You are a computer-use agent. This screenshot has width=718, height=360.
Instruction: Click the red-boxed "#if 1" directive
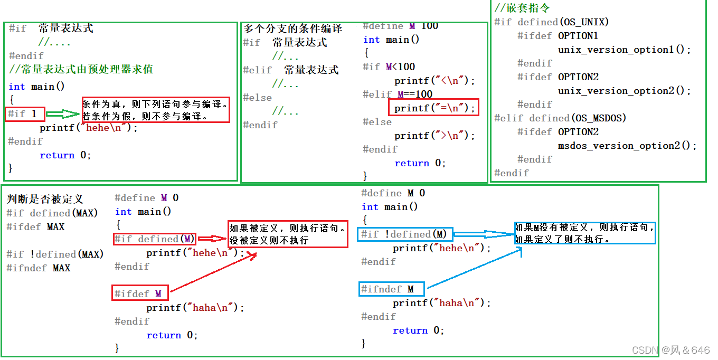[x=25, y=113]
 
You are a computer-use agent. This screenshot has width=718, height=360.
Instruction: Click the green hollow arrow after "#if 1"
[x=62, y=113]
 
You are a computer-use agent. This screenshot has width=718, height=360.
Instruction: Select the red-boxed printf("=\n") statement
[x=433, y=108]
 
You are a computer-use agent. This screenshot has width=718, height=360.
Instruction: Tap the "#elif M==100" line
[x=398, y=94]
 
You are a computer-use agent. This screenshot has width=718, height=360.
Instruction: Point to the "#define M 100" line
[x=400, y=26]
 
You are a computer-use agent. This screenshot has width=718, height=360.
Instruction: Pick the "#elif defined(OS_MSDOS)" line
[x=560, y=118]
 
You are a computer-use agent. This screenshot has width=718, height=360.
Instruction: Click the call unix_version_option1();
[x=624, y=50]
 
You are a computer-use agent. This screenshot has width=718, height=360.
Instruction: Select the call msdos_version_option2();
[x=627, y=146]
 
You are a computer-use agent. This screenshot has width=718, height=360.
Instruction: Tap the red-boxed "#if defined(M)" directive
[x=155, y=239]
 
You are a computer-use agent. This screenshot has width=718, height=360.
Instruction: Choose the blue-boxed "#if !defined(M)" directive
[x=404, y=234]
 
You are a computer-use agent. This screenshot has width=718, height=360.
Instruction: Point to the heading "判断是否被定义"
[x=45, y=199]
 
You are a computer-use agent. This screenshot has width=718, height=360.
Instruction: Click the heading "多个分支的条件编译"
[x=293, y=29]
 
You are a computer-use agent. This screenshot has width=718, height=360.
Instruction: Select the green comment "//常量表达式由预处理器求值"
[x=81, y=69]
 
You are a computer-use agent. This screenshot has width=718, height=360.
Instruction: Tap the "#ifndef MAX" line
[x=39, y=268]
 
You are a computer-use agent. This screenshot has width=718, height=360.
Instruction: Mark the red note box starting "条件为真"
[x=156, y=110]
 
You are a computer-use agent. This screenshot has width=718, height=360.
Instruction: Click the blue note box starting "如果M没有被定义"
[x=585, y=233]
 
